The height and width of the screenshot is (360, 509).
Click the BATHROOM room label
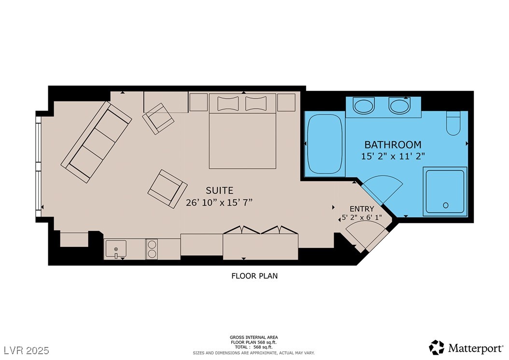click(393, 144)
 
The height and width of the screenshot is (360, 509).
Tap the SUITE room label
click(219, 190)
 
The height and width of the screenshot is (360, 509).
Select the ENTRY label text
click(362, 209)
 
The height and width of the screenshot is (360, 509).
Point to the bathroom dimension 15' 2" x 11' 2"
click(393, 156)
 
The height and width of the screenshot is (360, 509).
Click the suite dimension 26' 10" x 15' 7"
click(219, 203)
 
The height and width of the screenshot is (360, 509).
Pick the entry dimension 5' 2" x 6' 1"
click(362, 217)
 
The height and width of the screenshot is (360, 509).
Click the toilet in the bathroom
click(453, 123)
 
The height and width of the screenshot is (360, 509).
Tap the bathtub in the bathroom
click(325, 144)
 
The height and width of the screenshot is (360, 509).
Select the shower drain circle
click(446, 205)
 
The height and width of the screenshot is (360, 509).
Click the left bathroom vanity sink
click(364, 106)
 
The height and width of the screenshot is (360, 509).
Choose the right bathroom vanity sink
click(400, 106)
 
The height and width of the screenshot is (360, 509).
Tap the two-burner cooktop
click(151, 249)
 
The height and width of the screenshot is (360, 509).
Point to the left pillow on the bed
click(228, 103)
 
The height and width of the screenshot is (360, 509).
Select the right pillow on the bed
click(256, 103)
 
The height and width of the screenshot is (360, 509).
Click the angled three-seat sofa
click(97, 142)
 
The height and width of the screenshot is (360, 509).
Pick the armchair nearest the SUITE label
click(168, 189)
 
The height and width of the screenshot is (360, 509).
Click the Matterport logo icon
click(437, 347)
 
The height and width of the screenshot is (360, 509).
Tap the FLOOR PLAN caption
click(254, 276)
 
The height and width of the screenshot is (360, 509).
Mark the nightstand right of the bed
click(286, 102)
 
